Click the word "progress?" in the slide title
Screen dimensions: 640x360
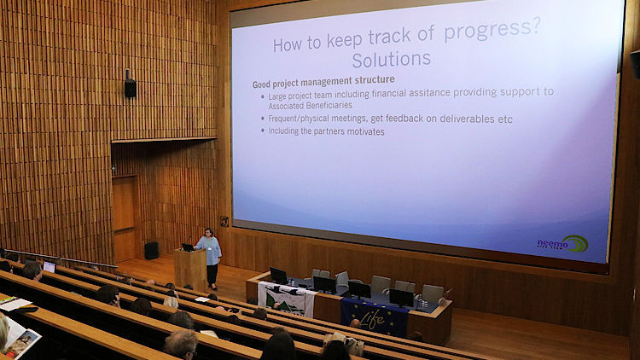pyautogui.click(x=492, y=30)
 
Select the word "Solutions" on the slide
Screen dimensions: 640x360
pyautogui.click(x=392, y=59)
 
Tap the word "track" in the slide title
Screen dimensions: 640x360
pyautogui.click(x=389, y=37)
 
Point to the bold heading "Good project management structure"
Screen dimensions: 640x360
pyautogui.click(x=323, y=82)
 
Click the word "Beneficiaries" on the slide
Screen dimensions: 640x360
pyautogui.click(x=330, y=106)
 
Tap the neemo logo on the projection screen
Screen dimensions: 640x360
pyautogui.click(x=562, y=244)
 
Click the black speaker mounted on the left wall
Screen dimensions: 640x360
pyautogui.click(x=131, y=85)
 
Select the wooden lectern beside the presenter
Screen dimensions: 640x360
pyautogui.click(x=190, y=270)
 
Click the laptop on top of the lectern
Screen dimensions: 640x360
pyautogui.click(x=189, y=247)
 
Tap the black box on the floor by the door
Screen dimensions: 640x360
pyautogui.click(x=151, y=251)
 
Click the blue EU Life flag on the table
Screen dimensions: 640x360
pyautogui.click(x=375, y=317)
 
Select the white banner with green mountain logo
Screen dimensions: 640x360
pyautogui.click(x=287, y=299)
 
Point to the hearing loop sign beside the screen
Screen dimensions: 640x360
pyautogui.click(x=224, y=221)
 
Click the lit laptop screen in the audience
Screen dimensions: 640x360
pyautogui.click(x=49, y=267)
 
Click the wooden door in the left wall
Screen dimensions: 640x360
pyautogui.click(x=125, y=218)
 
